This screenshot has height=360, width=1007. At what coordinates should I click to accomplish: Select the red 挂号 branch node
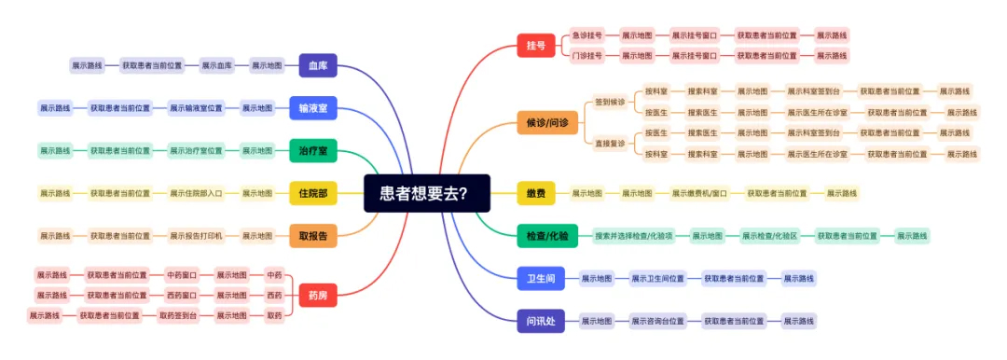pos(536,45)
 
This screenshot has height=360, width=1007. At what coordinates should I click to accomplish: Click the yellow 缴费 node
pos(536,193)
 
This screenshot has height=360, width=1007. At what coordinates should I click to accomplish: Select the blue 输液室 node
pos(312,108)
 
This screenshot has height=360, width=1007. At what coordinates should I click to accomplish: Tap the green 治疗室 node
pos(312,150)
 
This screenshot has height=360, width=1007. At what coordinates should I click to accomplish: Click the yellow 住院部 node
pos(312,193)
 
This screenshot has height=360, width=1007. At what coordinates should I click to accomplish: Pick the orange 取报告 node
pos(312,236)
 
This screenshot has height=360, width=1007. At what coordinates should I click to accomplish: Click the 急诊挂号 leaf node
pos(587,35)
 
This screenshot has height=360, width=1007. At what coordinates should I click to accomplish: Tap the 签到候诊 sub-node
pos(610,102)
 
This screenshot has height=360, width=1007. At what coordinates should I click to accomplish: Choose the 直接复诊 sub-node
pos(610,144)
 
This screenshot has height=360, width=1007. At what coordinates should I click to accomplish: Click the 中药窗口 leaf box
pos(182,275)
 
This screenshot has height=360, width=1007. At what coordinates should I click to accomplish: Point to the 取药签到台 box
pos(177,316)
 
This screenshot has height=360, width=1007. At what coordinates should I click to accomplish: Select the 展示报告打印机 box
pos(196,236)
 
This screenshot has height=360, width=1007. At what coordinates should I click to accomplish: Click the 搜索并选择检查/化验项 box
pos(634,236)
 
